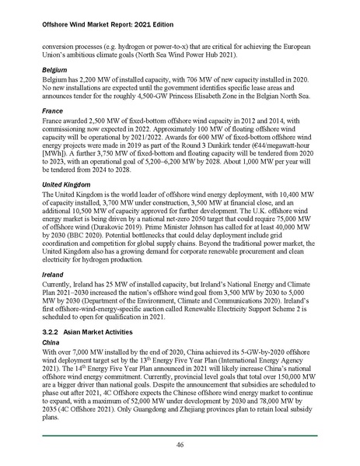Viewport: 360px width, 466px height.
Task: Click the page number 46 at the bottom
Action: (180, 444)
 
